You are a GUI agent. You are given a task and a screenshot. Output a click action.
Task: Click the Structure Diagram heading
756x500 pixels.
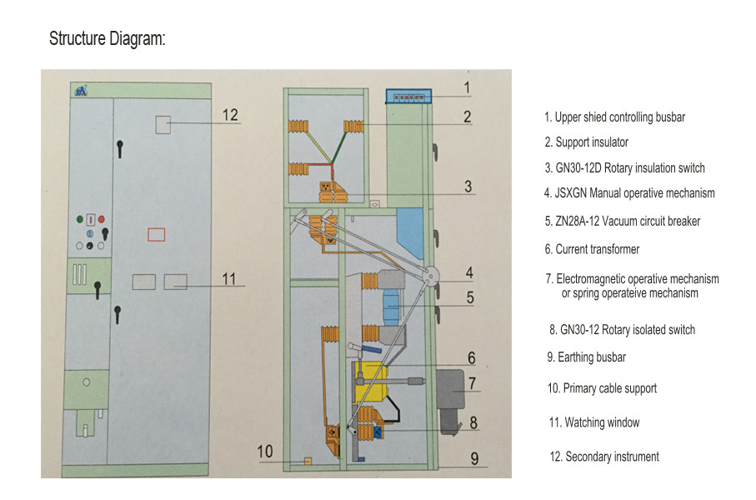[x=107, y=38]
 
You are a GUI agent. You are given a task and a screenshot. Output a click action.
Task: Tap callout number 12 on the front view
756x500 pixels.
[x=230, y=115]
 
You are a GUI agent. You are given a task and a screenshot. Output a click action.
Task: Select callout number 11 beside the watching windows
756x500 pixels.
[x=228, y=278]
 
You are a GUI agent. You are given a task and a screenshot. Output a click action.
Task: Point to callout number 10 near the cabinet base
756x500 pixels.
[x=265, y=452]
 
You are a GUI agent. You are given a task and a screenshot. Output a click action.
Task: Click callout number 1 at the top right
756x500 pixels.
[x=467, y=87]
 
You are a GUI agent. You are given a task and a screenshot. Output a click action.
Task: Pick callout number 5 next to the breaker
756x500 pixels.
[x=470, y=297]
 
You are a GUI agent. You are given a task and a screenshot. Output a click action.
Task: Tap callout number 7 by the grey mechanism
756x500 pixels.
[x=473, y=383]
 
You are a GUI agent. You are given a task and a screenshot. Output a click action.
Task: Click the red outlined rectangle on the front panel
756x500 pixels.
[x=156, y=235]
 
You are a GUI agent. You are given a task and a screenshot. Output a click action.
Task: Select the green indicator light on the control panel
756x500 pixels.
[x=80, y=219]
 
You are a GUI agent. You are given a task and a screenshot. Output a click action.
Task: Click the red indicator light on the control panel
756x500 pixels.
[x=101, y=219]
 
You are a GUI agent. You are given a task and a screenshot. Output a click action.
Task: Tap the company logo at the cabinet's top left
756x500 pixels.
[x=81, y=91]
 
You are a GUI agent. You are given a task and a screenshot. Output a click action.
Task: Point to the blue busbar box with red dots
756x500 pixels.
[x=408, y=97]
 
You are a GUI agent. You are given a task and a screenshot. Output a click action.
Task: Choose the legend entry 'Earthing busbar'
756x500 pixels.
[x=586, y=357]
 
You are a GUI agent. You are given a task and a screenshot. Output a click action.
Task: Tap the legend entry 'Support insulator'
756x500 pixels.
[x=586, y=142]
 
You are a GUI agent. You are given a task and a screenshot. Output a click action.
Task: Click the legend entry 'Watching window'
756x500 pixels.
[x=594, y=422]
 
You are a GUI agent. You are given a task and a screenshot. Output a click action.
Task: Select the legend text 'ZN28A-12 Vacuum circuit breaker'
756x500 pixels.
[x=623, y=222]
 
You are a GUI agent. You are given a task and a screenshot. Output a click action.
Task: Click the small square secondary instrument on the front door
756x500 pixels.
[x=163, y=124]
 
